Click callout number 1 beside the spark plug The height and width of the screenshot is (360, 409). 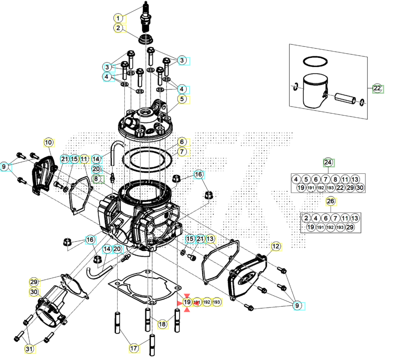click(x=118, y=18)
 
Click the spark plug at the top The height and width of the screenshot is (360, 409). click(x=147, y=19)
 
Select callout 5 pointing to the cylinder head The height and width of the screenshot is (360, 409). click(x=182, y=99)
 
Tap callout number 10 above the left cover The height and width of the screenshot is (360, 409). click(x=48, y=142)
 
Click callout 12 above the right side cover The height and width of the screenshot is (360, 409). click(x=276, y=246)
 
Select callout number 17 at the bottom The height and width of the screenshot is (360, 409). click(x=134, y=348)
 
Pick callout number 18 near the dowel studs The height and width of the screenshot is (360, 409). click(x=162, y=324)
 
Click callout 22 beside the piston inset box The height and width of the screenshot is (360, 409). click(x=377, y=89)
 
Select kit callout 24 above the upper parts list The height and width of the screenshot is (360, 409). click(x=328, y=163)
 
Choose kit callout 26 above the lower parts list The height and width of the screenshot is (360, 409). click(x=330, y=201)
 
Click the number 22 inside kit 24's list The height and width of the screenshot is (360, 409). click(x=340, y=188)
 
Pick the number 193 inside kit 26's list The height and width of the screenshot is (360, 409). click(x=340, y=228)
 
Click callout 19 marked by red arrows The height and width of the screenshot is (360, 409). click(x=187, y=302)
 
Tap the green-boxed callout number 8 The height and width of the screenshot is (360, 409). click(x=97, y=179)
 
